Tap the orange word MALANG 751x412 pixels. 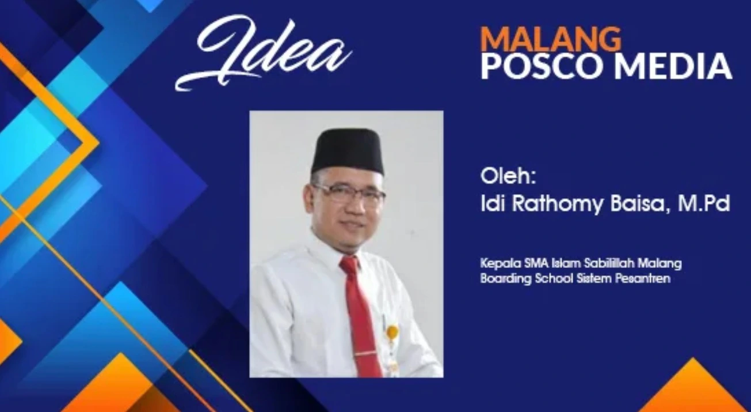(x=551, y=39)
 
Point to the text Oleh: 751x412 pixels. (x=508, y=176)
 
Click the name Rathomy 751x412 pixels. (x=557, y=205)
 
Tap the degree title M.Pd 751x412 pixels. (x=704, y=203)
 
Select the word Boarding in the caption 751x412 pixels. (x=506, y=279)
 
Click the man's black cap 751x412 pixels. (x=348, y=152)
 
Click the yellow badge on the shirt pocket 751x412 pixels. (x=392, y=331)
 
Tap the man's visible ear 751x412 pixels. (x=307, y=203)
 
